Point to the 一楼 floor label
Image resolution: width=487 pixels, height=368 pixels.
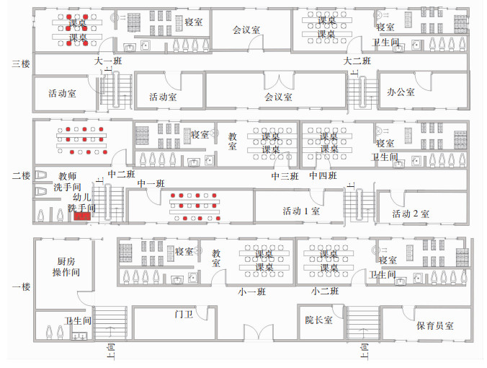tap(20, 286)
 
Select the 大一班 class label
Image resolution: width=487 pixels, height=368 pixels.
tap(108, 61)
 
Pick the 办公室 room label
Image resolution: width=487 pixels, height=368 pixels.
tap(401, 92)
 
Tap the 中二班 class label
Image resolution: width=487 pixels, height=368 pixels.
tap(121, 174)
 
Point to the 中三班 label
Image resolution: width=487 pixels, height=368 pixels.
tap(285, 176)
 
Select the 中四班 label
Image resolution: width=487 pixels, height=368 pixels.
tap(323, 176)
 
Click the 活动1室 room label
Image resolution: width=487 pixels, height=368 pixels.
tap(300, 211)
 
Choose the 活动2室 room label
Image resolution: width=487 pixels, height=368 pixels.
tap(411, 214)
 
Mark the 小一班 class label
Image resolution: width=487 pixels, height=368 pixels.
tap(252, 292)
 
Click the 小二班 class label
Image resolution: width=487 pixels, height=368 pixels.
tap(326, 292)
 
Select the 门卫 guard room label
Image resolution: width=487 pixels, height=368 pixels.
tap(184, 314)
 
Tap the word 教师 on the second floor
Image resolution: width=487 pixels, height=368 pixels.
tap(68, 175)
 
